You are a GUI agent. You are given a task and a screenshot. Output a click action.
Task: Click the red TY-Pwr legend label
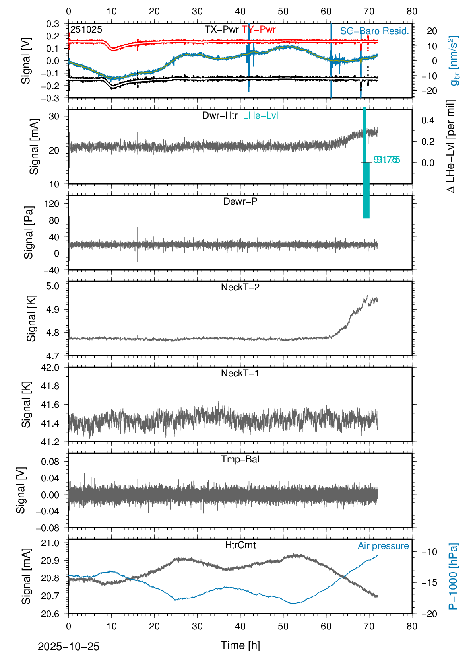[259, 29]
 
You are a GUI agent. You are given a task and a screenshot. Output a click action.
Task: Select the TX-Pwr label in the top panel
[222, 29]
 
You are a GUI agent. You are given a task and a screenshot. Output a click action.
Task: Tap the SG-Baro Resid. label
[374, 31]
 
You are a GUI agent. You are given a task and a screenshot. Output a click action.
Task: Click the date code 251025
[86, 29]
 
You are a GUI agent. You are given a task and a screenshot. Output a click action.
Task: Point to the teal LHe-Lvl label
[260, 115]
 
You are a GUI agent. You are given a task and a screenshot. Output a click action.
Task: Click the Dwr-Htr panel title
[220, 115]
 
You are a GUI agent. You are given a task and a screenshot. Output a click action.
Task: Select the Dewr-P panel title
[240, 201]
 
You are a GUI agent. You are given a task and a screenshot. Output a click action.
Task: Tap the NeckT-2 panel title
[240, 287]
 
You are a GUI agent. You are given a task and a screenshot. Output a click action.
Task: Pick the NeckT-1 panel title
[240, 373]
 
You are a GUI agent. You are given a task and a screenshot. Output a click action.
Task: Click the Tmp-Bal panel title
[240, 459]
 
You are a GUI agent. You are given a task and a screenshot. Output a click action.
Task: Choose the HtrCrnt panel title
[240, 545]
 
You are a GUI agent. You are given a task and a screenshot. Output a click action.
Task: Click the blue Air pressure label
[383, 546]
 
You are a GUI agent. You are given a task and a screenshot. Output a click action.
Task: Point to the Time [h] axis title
[240, 645]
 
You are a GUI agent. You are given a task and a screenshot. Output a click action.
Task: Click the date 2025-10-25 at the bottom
[68, 647]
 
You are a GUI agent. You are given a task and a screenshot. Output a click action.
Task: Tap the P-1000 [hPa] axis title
[453, 576]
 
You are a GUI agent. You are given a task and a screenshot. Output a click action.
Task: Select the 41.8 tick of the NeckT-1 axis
[50, 386]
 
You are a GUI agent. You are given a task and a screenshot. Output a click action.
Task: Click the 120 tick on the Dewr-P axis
[52, 204]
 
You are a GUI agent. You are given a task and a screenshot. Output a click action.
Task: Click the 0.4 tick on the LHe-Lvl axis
[428, 120]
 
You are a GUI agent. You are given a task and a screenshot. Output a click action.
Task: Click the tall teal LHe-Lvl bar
[366, 163]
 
